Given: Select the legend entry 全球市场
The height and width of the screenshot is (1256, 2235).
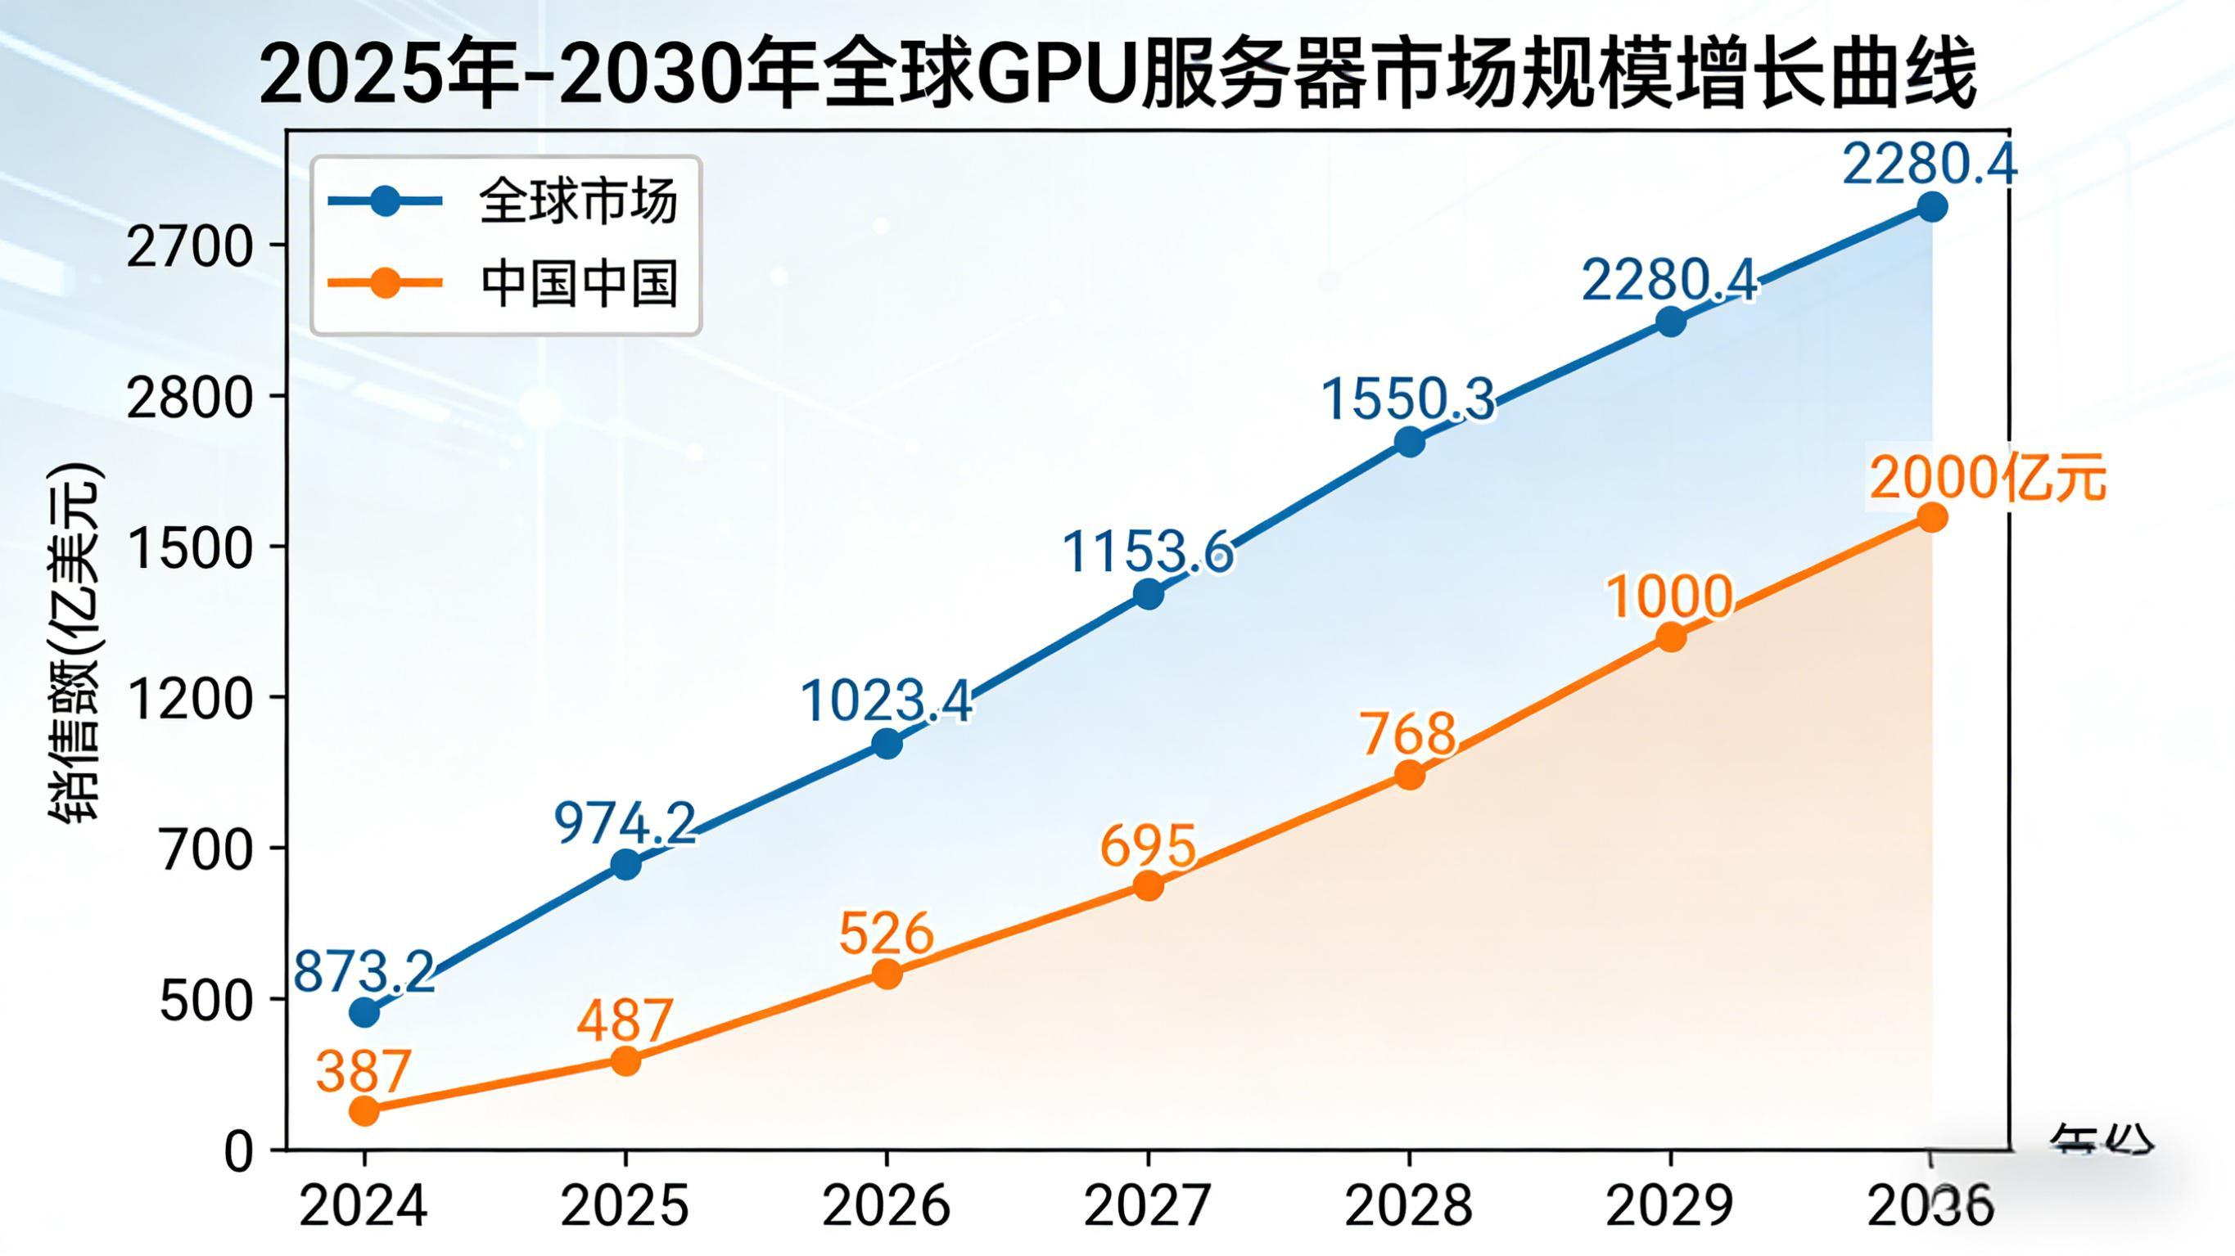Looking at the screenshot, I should coord(577,202).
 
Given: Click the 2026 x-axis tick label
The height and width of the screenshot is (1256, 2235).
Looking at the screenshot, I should coord(886,1207).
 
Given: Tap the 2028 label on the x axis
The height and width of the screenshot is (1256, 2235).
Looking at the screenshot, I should coord(1409,1207).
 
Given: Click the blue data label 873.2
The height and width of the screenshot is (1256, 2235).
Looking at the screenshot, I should coord(363,972).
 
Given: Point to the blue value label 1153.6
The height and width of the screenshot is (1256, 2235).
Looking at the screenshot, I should coord(1147,551).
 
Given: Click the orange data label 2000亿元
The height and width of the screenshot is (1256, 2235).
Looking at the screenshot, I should coord(1987,479).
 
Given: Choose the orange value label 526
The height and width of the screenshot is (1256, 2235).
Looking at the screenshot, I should coord(886,935).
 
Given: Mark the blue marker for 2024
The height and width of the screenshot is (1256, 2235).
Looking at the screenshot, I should coord(364,1012).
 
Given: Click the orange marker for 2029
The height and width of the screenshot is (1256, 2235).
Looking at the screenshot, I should coord(1671,637).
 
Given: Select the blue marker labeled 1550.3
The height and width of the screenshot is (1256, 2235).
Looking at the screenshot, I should coord(1410,443).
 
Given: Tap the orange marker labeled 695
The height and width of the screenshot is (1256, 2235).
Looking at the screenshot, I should coord(1148,885).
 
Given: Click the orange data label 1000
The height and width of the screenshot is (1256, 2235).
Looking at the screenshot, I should coord(1669,597).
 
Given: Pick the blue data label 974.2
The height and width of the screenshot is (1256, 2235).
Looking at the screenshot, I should coord(625,824).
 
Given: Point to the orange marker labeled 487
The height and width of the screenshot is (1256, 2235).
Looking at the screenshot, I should coord(625,1060).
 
